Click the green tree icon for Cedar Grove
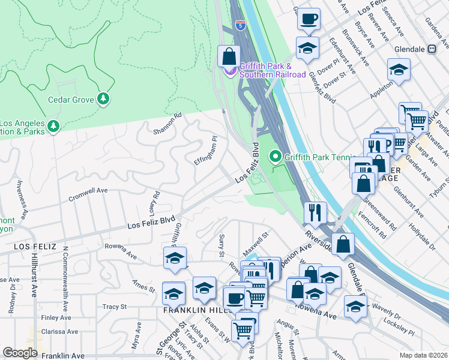[x=103, y=98]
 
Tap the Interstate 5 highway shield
[x=240, y=26]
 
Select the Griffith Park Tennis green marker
[x=276, y=157]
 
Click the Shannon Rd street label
[x=167, y=124]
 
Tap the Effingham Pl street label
[x=205, y=152]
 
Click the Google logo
[x=20, y=353]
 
